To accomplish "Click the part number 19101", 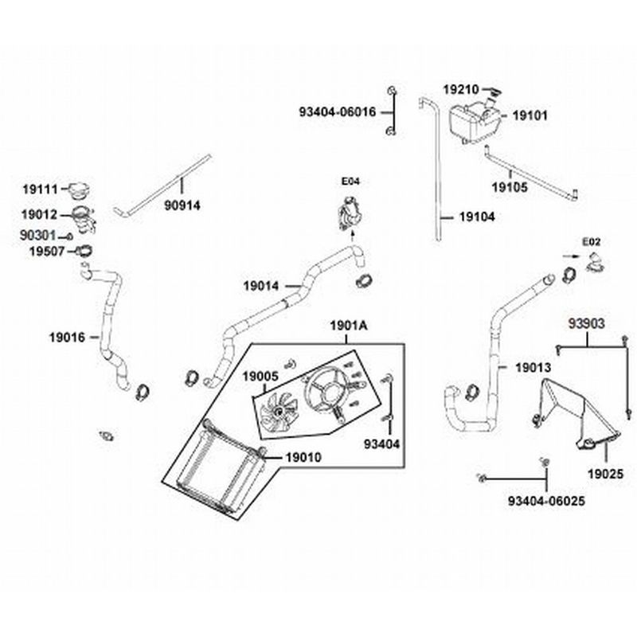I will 529,115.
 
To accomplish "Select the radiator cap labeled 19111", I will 79,192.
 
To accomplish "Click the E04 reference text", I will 350,182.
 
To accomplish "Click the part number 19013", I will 533,368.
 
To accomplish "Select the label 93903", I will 587,324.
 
